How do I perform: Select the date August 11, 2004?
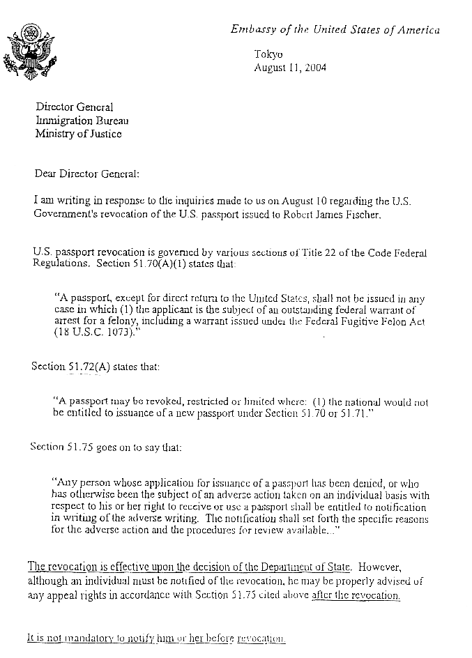(x=289, y=68)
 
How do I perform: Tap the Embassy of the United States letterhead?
(x=335, y=29)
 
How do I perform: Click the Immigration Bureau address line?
(x=82, y=121)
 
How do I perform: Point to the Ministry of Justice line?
(x=78, y=134)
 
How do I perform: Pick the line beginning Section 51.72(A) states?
(x=96, y=366)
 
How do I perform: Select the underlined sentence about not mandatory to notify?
(x=156, y=638)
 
